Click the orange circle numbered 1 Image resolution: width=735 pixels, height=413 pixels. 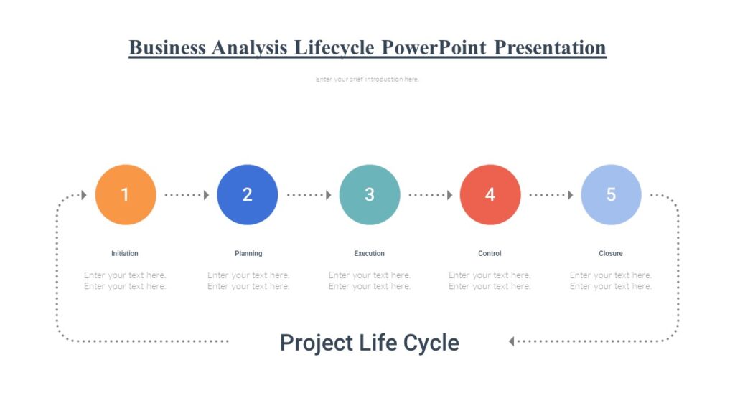[x=125, y=194]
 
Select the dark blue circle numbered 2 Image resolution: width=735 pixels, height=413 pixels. [x=247, y=194]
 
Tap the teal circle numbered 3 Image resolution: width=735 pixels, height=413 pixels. [x=369, y=194]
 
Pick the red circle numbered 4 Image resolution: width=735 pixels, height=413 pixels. [x=490, y=194]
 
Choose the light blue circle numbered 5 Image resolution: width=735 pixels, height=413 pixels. [x=611, y=194]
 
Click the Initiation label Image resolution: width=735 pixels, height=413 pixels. [x=125, y=254]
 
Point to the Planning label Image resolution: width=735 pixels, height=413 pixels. [x=248, y=254]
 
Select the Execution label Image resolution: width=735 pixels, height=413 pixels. [x=369, y=254]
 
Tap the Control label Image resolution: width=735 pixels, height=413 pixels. [x=490, y=254]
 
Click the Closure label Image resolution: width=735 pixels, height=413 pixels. [x=611, y=254]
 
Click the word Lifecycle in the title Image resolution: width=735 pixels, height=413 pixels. [x=334, y=48]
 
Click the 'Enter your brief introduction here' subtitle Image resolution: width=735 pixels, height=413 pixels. [x=367, y=80]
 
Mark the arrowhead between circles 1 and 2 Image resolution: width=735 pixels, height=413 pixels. [x=206, y=194]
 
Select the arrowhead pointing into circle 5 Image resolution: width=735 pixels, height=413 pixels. [x=571, y=194]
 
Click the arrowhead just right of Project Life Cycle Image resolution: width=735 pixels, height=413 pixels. [x=512, y=341]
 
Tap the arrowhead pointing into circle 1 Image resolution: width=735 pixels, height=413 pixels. [x=84, y=194]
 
